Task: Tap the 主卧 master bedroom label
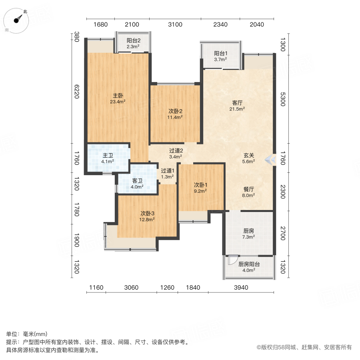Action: [x=118, y=96]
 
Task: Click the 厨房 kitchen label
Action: [x=249, y=231]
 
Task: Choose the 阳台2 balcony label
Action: [x=133, y=40]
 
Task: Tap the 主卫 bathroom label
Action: [x=108, y=156]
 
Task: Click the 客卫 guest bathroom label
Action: [x=137, y=180]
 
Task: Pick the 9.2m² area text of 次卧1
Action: [x=200, y=191]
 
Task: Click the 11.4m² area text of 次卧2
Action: [x=175, y=117]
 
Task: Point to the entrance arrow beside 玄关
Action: [x=271, y=160]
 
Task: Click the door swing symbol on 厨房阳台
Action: [x=230, y=260]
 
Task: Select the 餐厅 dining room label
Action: [x=249, y=189]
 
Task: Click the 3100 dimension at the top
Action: [x=175, y=24]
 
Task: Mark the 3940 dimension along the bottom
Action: [x=241, y=287]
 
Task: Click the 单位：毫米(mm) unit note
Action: [x=27, y=334]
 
